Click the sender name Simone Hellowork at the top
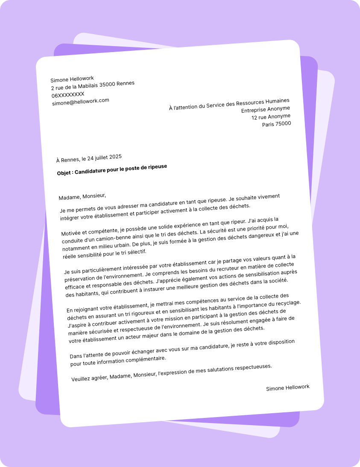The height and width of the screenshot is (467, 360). point(72,79)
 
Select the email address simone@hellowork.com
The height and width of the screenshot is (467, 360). point(81,102)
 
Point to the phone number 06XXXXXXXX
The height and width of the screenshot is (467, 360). point(68,94)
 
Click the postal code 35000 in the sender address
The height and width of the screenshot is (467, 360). point(108,85)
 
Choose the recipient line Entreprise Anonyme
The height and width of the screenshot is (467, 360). point(265,109)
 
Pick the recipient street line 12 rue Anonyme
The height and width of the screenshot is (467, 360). point(271,117)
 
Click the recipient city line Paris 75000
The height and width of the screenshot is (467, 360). point(276,124)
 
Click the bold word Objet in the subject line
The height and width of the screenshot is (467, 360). point(64,173)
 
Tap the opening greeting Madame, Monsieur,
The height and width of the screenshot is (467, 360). point(82,196)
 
